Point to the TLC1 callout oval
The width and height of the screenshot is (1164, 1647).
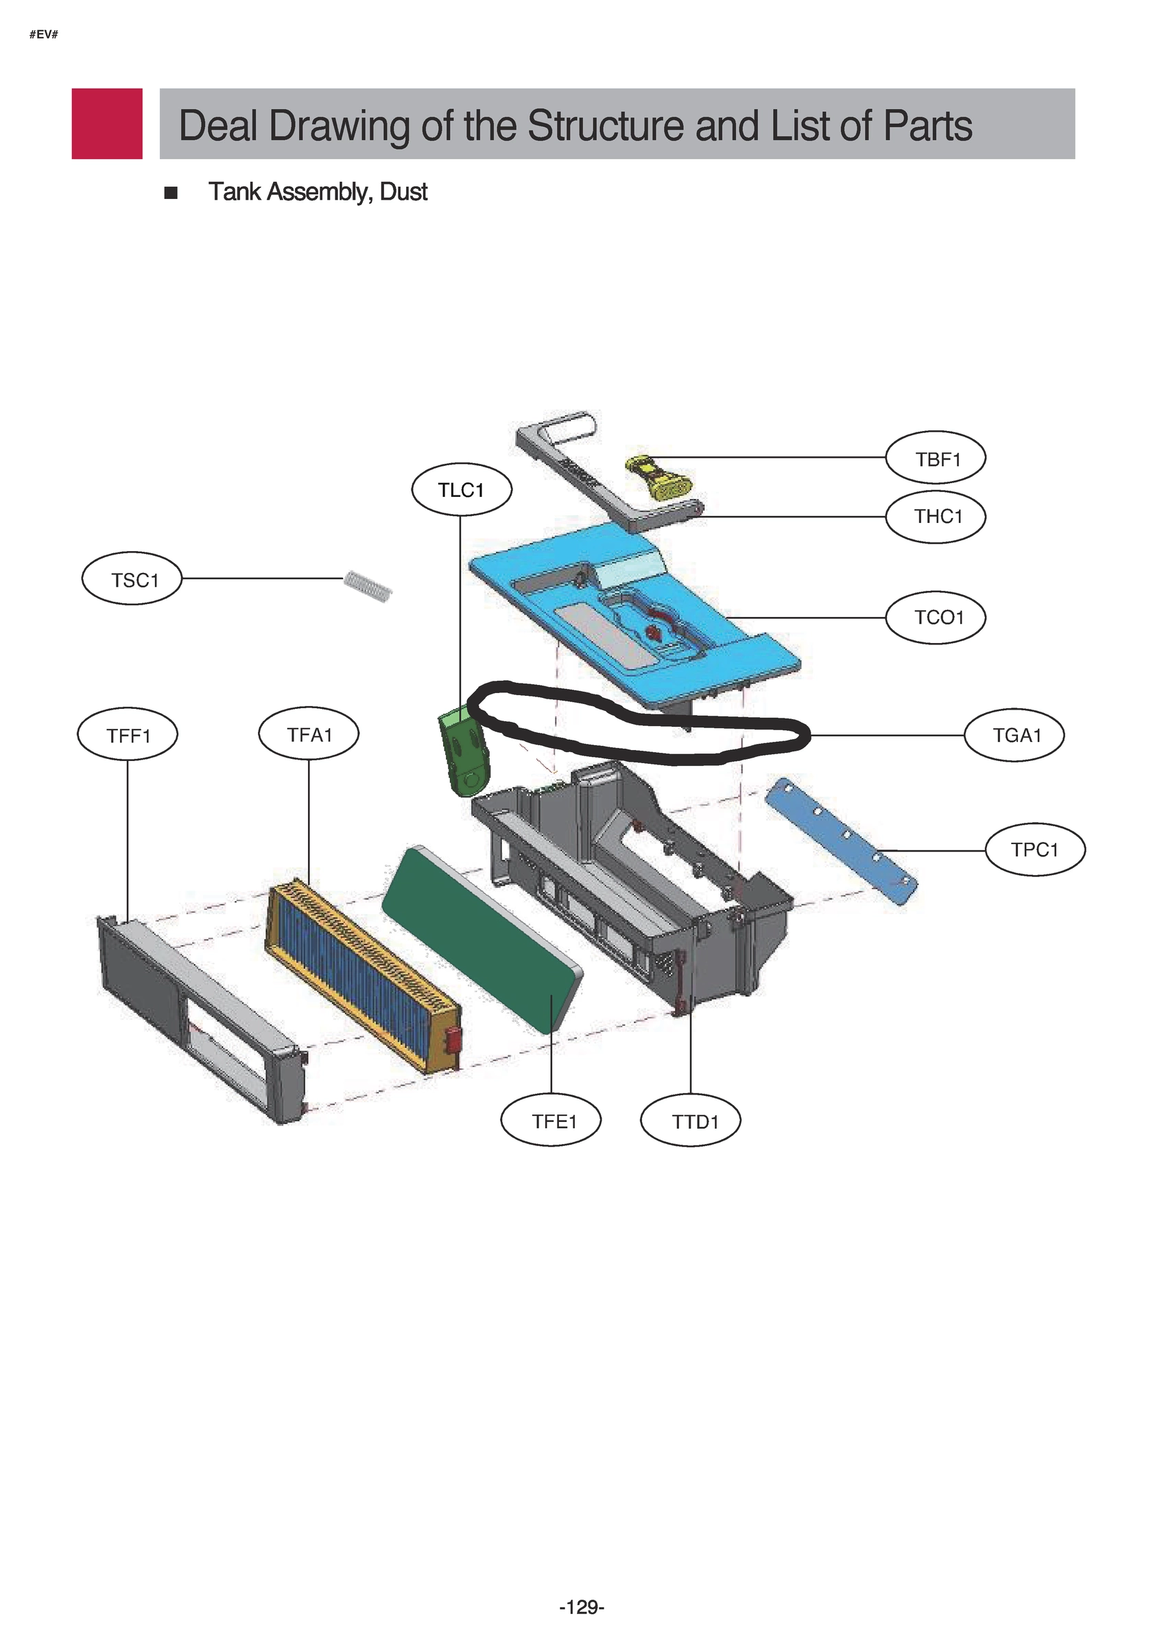pos(461,490)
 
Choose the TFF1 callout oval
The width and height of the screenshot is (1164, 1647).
pos(128,734)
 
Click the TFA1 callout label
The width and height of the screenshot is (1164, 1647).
pos(309,734)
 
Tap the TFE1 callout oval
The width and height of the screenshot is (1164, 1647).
pos(551,1121)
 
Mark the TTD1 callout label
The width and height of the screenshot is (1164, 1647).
pos(690,1121)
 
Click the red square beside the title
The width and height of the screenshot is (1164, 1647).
pos(107,124)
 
